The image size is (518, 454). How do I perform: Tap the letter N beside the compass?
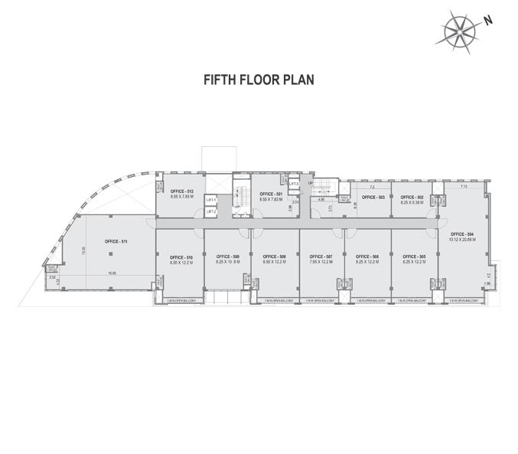click(487, 22)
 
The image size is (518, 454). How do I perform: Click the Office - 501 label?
click(271, 194)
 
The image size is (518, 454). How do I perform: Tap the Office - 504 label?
click(463, 234)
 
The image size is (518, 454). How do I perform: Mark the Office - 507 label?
click(321, 256)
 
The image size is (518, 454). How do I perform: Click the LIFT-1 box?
click(211, 201)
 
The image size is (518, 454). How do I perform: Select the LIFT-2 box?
click(211, 211)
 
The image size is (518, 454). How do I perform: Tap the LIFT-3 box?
click(292, 184)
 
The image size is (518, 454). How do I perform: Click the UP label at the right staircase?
click(311, 184)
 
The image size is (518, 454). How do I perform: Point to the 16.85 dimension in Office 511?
click(112, 273)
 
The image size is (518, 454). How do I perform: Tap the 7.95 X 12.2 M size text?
click(321, 262)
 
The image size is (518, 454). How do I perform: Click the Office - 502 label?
click(413, 197)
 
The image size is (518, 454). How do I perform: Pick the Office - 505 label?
click(413, 256)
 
